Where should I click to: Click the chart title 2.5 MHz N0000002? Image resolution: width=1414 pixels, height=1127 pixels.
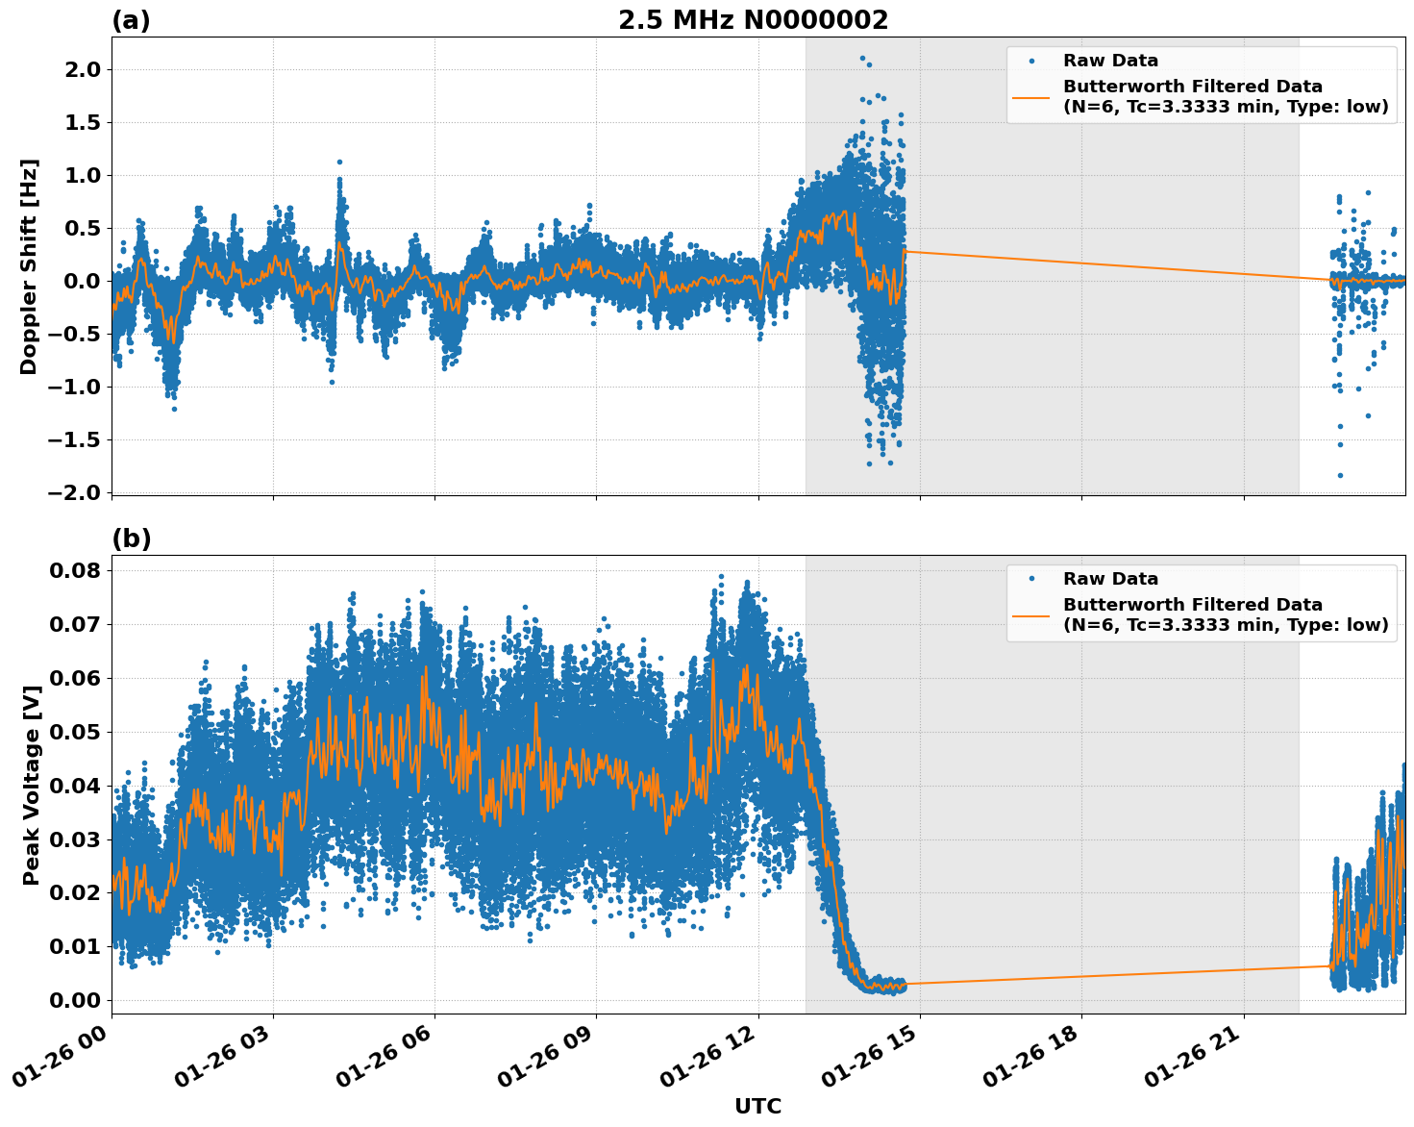click(753, 20)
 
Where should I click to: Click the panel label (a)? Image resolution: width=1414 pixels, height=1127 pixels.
click(131, 20)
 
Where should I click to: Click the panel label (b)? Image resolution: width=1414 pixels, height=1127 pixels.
click(131, 538)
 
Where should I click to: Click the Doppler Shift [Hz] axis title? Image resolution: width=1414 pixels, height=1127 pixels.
click(29, 266)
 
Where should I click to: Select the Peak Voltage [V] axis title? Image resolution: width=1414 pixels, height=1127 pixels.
click(31, 785)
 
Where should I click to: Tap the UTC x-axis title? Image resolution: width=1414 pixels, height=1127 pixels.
click(757, 1106)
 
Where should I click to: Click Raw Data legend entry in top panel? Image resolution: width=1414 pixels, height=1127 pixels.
click(1110, 61)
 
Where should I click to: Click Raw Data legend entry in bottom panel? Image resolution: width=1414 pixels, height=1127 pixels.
click(1110, 579)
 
